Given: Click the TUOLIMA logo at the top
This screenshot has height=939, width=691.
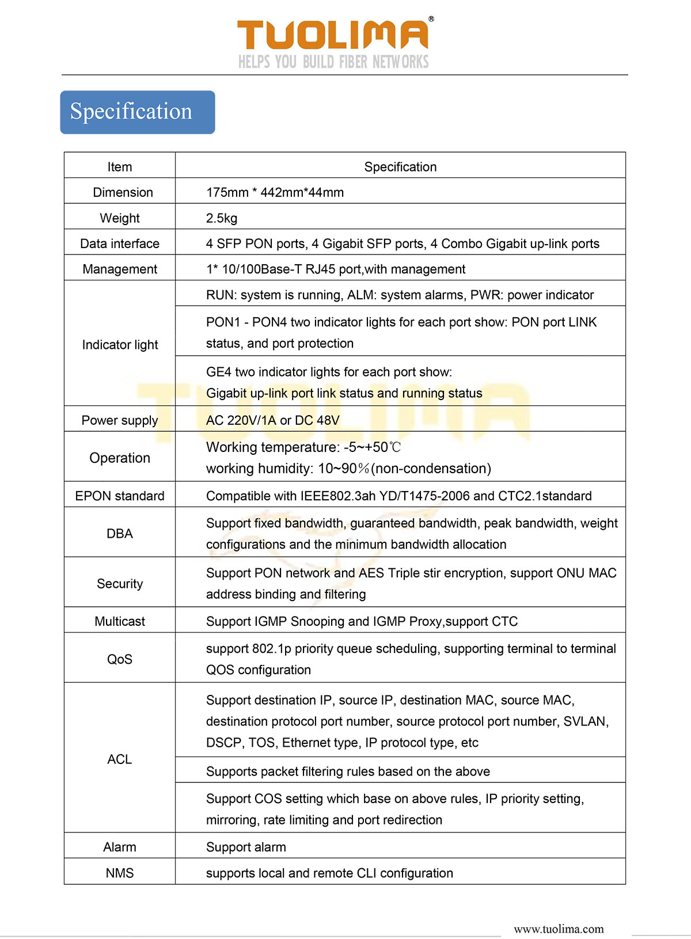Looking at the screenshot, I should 333,35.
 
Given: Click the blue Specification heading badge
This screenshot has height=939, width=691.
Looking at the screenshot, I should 138,112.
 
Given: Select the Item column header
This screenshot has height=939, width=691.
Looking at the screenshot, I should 120,167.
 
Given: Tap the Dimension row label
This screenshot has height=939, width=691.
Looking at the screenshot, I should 123,192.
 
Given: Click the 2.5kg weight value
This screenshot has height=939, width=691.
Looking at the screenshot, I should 222,218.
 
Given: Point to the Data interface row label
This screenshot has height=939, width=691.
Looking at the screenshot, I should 120,244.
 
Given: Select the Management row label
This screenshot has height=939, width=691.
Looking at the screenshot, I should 120,269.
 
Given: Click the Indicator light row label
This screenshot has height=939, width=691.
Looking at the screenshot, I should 120,344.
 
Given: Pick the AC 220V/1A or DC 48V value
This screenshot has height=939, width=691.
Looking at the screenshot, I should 273,420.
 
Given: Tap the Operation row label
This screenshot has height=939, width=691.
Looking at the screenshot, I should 120,458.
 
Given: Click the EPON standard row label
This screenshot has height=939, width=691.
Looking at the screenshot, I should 120,496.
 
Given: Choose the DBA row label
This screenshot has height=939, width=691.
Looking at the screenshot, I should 120,534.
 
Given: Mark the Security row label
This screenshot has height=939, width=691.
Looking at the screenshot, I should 120,584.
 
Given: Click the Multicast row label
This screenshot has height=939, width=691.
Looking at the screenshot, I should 120,621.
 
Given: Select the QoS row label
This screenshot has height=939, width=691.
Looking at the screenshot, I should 120,659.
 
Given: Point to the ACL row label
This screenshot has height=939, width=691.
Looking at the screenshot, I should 120,759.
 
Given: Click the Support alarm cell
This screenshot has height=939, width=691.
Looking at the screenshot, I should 246,847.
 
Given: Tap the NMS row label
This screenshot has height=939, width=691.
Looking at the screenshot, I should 120,873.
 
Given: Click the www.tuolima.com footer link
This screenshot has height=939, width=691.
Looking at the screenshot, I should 559,929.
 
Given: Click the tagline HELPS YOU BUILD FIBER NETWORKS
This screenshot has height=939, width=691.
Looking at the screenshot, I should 333,62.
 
